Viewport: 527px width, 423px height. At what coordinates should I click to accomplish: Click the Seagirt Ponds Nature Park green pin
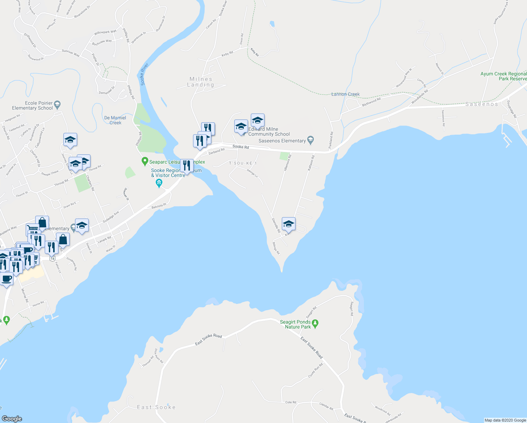coord(315,323)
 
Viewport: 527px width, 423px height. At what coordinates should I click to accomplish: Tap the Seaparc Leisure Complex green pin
coord(144,162)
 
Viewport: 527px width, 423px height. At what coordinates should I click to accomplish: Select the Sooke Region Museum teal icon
coord(159,183)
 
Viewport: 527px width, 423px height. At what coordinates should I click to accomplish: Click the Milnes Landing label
coord(201,82)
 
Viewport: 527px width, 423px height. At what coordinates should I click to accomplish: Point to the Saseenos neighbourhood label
coord(482,104)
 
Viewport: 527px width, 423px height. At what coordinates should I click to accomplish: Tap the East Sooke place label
coord(156,407)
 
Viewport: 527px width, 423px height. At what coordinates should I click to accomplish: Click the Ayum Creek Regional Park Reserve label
coord(503,76)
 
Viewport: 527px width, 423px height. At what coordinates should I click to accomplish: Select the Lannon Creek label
coord(346,94)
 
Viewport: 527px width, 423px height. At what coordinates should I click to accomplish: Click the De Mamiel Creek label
coord(115,120)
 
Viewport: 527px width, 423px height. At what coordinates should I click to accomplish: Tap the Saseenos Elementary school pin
coord(310,140)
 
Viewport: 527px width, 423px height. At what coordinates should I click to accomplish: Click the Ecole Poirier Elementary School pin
coord(57,104)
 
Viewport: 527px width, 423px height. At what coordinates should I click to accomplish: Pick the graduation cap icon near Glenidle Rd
coord(288,223)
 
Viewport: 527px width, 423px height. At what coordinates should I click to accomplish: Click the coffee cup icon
coord(6,279)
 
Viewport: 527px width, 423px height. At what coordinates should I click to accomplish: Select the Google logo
coord(12,419)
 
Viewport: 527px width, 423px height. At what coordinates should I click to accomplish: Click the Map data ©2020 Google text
coord(505,420)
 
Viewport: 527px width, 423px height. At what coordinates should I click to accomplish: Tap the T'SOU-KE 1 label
coord(243,163)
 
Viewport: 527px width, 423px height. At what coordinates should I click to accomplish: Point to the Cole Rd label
coord(291,402)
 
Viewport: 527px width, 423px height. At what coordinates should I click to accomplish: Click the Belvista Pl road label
coord(159,206)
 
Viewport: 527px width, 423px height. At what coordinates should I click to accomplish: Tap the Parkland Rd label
coord(331,140)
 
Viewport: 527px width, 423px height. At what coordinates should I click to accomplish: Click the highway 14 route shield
coord(52,258)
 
